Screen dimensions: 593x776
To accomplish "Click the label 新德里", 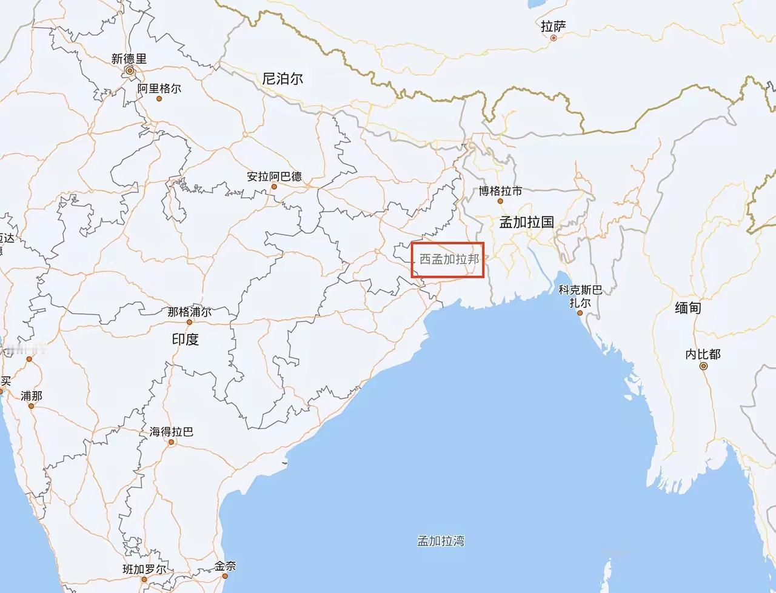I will (x=129, y=59).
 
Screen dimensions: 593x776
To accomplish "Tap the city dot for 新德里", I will (x=129, y=71).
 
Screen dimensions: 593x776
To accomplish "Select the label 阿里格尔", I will (x=159, y=89).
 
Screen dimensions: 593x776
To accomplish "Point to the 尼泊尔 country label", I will (x=283, y=78).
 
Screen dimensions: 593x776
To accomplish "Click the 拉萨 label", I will (x=553, y=26).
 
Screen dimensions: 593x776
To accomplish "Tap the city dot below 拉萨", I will (x=554, y=38).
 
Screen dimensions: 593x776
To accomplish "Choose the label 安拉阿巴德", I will (x=274, y=176).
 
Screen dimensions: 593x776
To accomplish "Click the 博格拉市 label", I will (x=500, y=191).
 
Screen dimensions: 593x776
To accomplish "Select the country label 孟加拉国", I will (x=526, y=222).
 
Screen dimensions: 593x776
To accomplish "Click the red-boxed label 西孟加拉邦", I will (x=449, y=260).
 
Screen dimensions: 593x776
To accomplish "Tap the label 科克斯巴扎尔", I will (x=580, y=296).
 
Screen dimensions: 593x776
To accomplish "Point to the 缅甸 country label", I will (x=687, y=307).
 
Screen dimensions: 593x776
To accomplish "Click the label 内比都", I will (x=703, y=354).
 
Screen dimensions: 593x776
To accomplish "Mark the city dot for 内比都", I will (x=703, y=366).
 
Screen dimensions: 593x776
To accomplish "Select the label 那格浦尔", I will (x=189, y=312).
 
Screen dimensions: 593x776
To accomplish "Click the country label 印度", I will (x=185, y=339).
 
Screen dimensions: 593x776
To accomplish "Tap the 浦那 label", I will (x=32, y=395).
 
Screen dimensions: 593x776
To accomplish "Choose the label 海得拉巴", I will (x=172, y=432).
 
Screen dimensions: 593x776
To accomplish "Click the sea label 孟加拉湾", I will (x=441, y=540).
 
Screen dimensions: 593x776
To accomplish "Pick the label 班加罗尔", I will (x=144, y=569).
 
